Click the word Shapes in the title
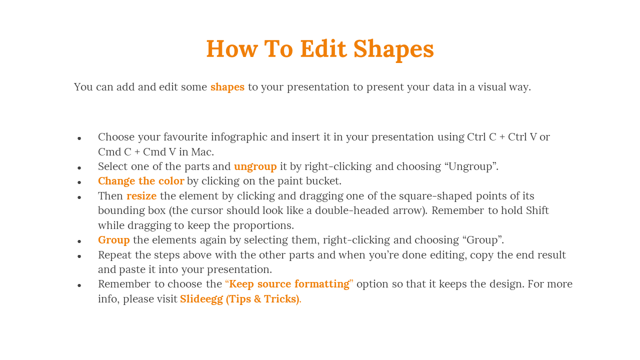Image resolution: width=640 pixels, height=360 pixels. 393,49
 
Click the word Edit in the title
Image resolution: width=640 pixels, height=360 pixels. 323,48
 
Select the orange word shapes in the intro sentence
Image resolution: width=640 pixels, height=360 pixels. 227,87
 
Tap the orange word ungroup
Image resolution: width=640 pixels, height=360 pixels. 255,166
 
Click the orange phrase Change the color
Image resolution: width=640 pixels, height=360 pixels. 141,181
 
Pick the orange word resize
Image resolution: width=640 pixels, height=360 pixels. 141,196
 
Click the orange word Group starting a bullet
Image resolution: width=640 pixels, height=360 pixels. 113,240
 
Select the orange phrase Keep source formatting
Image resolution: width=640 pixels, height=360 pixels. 289,284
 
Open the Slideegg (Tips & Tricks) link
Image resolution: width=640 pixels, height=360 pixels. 240,299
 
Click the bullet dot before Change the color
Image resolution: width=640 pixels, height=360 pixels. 79,182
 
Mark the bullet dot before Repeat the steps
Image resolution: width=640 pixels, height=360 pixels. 79,256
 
